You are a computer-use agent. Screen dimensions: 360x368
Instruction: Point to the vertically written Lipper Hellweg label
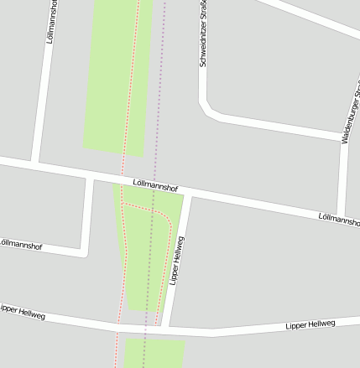pyautogui.click(x=177, y=261)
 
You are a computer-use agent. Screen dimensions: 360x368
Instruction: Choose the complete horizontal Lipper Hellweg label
pyautogui.click(x=310, y=324)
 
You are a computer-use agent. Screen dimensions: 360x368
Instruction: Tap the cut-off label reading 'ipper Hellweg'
pyautogui.click(x=22, y=312)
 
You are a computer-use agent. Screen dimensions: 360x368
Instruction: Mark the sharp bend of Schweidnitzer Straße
pyautogui.click(x=206, y=110)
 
